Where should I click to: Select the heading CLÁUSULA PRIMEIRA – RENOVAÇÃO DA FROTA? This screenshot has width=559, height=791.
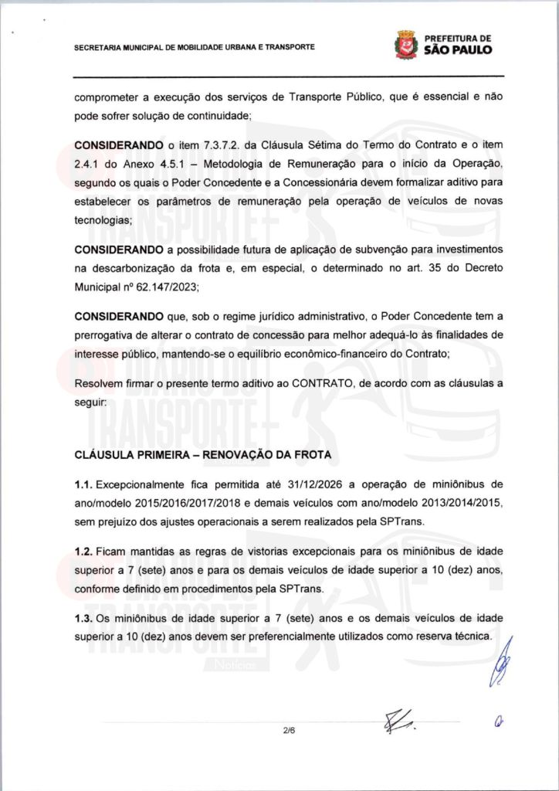click(x=203, y=455)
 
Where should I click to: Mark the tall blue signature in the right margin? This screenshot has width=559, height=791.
click(x=503, y=666)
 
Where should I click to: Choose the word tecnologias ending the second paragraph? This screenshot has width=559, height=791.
click(x=103, y=219)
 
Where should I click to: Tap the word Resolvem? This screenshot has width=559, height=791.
click(x=98, y=384)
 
